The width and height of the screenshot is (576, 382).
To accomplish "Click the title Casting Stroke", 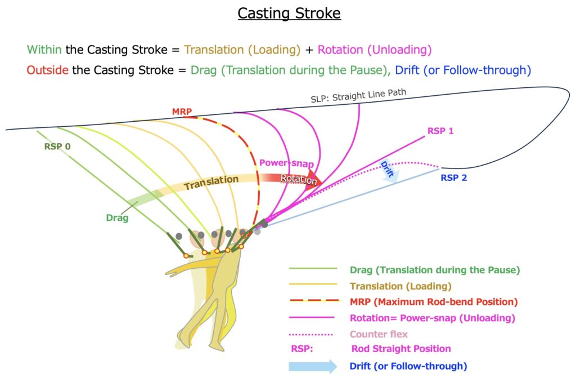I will (289, 13).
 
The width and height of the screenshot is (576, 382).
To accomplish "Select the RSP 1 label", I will (440, 131).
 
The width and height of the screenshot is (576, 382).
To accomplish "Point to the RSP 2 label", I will (454, 179).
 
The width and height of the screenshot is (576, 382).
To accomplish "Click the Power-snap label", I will (286, 163).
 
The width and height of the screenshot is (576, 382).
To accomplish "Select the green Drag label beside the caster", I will (117, 217).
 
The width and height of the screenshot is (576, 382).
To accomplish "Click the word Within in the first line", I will (44, 50).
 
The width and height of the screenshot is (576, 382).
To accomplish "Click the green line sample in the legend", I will (312, 269).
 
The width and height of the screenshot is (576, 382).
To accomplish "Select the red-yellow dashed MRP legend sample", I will (312, 302).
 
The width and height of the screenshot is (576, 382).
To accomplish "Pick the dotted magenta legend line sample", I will (312, 334).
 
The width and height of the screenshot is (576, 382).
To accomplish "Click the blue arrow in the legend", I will (312, 367).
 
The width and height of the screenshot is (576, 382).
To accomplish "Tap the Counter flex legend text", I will (379, 334).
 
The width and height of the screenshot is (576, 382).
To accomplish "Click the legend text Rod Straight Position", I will (400, 349).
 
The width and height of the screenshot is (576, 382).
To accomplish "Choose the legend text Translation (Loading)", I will (400, 286).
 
